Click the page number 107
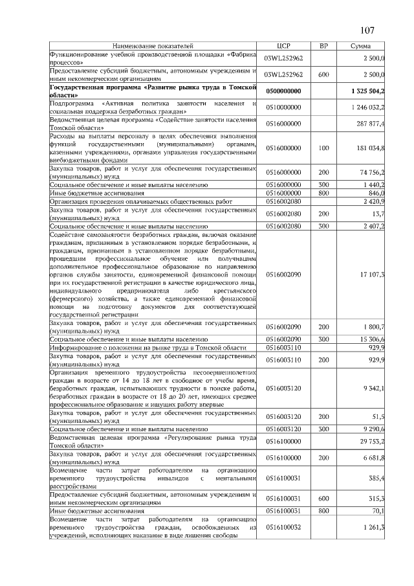click(367, 30)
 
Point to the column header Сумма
click(360, 47)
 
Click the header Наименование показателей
click(153, 47)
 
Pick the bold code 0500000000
click(285, 91)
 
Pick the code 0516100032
click(285, 528)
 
